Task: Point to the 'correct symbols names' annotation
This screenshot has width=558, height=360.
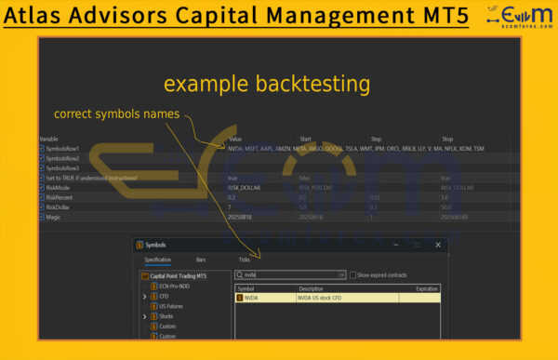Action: click(x=113, y=114)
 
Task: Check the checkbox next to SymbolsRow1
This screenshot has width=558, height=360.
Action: click(x=42, y=149)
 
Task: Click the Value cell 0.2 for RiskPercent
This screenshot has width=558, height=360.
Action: click(x=232, y=197)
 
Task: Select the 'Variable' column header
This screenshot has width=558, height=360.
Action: click(x=49, y=139)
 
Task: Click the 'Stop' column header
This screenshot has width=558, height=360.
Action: click(x=447, y=139)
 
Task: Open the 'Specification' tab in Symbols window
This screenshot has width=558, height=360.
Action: click(x=158, y=260)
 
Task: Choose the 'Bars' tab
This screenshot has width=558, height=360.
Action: click(x=201, y=260)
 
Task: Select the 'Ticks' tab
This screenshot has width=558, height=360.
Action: click(x=245, y=260)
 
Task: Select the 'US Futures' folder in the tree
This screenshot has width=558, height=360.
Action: click(x=172, y=306)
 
